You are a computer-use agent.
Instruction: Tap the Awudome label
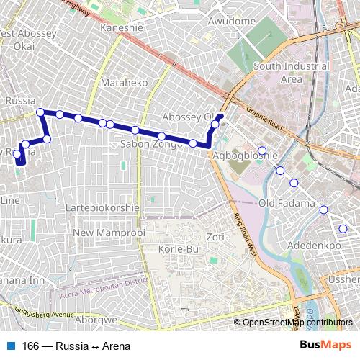pos(231,21)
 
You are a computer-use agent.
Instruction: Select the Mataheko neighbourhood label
pos(124,83)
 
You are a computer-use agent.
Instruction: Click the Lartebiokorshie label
pos(102,207)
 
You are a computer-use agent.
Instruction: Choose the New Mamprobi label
pos(109,233)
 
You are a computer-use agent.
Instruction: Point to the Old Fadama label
pos(287,204)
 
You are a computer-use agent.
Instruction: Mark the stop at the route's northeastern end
pos(220,116)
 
